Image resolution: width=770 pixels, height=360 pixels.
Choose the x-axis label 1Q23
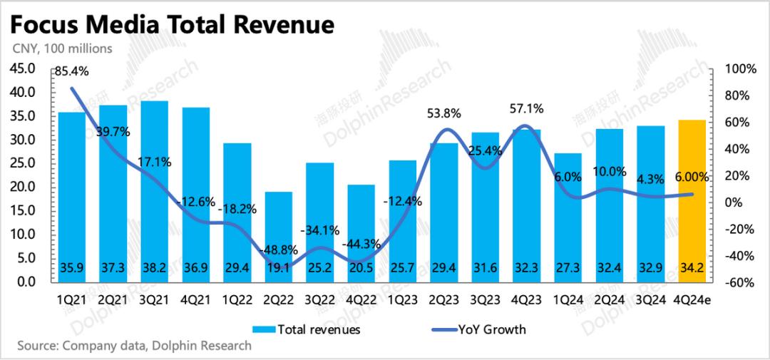(403, 299)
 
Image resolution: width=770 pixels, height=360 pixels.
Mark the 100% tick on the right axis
(741, 69)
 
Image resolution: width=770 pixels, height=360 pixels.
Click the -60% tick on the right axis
(741, 282)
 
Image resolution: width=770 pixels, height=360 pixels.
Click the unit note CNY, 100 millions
(61, 48)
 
